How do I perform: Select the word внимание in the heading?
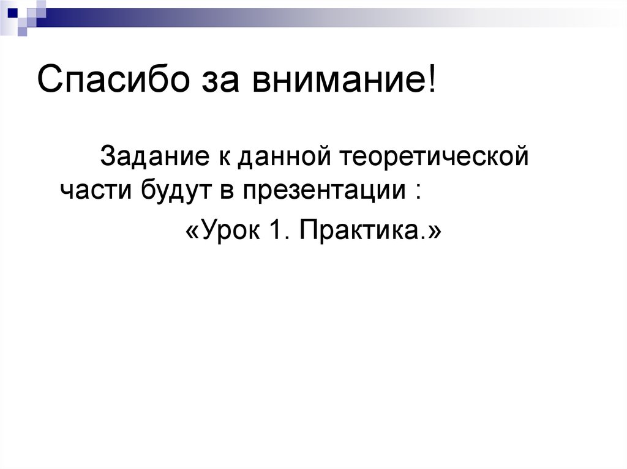coord(331,82)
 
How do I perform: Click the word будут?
coord(178,190)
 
